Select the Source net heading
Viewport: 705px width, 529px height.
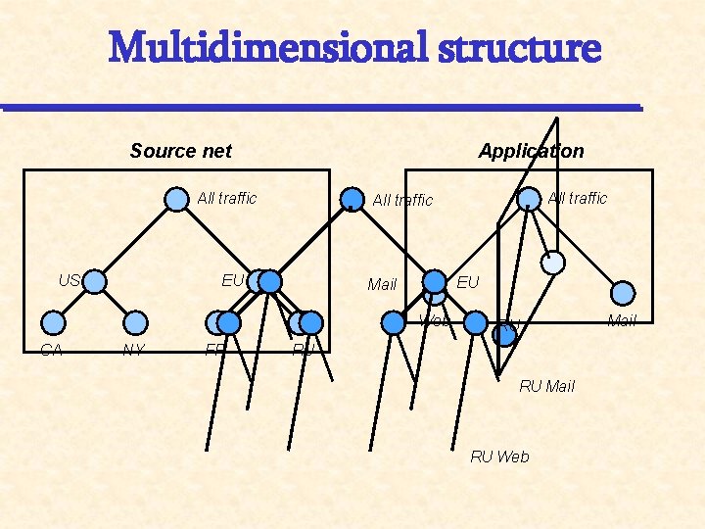[181, 151]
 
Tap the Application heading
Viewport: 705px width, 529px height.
[531, 151]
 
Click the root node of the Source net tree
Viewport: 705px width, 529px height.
[175, 200]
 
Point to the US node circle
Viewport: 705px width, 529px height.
[94, 282]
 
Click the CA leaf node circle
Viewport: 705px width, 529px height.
[55, 322]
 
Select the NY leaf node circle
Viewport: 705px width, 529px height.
[136, 322]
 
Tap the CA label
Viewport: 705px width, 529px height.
[51, 350]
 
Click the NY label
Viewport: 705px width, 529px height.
[133, 350]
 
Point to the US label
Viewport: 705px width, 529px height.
[68, 280]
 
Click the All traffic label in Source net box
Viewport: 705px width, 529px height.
[227, 198]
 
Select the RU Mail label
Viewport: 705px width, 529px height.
[546, 386]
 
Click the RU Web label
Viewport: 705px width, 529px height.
[499, 457]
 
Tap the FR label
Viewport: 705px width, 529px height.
[214, 349]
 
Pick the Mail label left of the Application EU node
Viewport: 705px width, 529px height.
[382, 284]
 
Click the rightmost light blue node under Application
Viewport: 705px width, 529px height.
[623, 293]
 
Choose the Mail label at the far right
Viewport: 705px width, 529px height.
[622, 320]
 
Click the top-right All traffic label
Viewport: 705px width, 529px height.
[578, 198]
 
